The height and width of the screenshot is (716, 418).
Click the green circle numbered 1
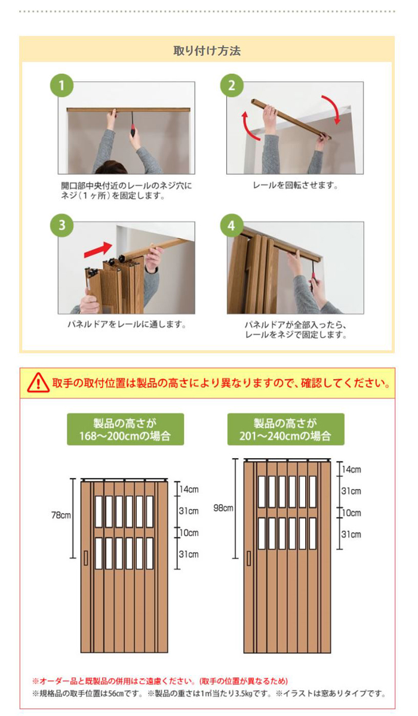[60, 85]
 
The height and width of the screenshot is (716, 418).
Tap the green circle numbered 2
[230, 85]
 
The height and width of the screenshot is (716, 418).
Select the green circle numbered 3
[60, 226]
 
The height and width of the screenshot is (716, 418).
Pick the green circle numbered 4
[230, 226]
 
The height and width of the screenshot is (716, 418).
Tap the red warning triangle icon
[38, 382]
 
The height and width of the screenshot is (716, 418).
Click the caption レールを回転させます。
[296, 186]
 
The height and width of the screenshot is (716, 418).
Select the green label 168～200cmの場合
[125, 429]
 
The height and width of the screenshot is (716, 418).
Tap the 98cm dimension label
[223, 508]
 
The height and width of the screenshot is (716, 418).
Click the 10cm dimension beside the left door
[189, 533]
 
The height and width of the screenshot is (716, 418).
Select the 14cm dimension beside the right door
[351, 470]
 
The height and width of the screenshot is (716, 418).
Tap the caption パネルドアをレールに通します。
[127, 325]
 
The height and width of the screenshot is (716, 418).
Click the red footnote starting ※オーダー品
[160, 681]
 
